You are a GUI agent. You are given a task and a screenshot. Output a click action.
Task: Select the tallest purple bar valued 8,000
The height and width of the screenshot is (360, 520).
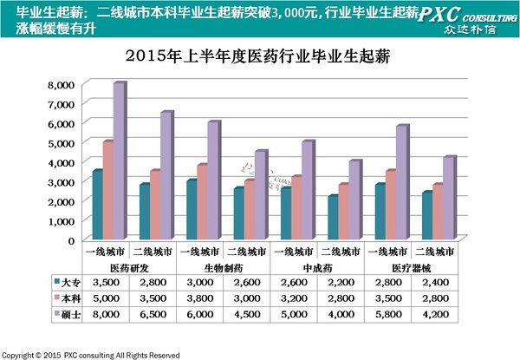pyautogui.click(x=118, y=160)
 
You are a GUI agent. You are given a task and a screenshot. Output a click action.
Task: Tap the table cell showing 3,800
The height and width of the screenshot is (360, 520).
pyautogui.click(x=200, y=298)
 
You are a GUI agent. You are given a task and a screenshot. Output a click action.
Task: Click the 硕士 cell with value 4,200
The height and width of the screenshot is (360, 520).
pyautogui.click(x=438, y=313)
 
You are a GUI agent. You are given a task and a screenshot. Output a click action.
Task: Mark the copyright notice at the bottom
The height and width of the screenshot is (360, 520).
pyautogui.click(x=91, y=355)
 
